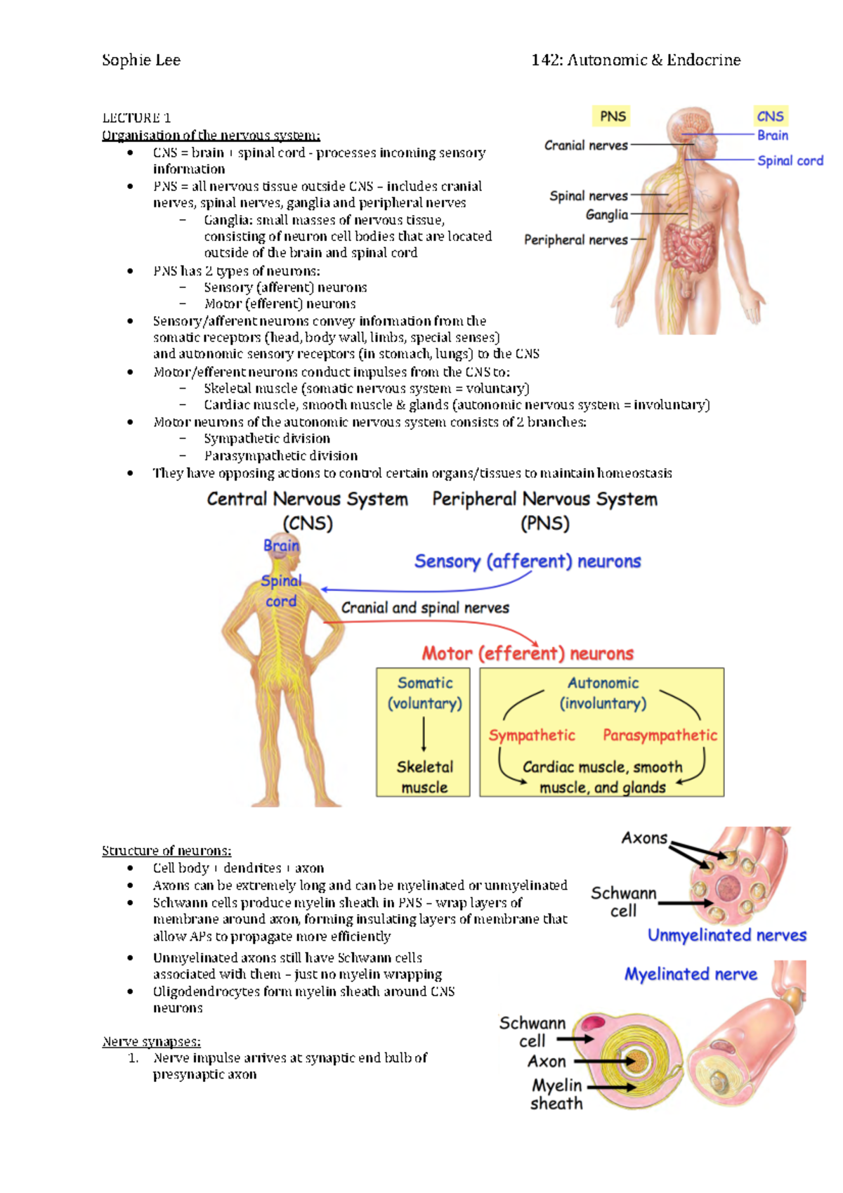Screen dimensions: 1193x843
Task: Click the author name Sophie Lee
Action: click(141, 60)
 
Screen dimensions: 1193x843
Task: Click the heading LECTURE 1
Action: click(136, 117)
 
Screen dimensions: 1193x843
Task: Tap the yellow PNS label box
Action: click(613, 116)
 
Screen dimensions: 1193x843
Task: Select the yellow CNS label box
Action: click(770, 116)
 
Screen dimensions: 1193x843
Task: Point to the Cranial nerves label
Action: click(586, 145)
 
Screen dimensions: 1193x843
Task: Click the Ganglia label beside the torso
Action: click(607, 214)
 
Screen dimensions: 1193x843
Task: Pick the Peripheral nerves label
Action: click(576, 240)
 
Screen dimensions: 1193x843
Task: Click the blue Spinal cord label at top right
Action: click(790, 161)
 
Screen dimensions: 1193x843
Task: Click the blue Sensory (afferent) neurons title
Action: click(527, 561)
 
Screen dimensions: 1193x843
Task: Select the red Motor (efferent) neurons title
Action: click(527, 653)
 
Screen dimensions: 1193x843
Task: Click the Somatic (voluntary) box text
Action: click(424, 693)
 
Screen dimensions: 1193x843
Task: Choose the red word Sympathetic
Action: click(532, 735)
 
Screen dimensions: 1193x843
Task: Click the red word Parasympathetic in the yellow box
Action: click(660, 735)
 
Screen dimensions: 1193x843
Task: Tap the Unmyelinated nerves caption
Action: click(726, 935)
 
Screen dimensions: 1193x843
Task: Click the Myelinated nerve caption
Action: click(691, 974)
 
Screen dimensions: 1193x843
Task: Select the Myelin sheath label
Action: click(556, 1094)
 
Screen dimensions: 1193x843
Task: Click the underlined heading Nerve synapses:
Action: click(151, 1041)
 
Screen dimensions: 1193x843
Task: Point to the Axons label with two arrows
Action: click(644, 837)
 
